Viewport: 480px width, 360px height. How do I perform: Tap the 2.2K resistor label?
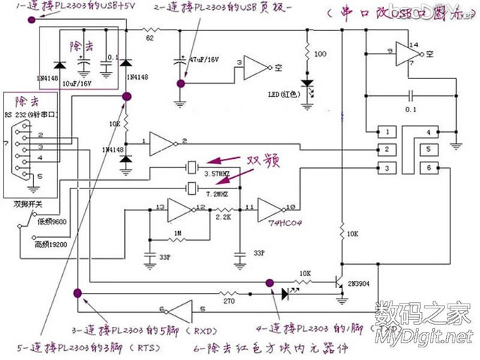(x=224, y=219)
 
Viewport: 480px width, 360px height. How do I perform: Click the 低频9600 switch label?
(x=52, y=221)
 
